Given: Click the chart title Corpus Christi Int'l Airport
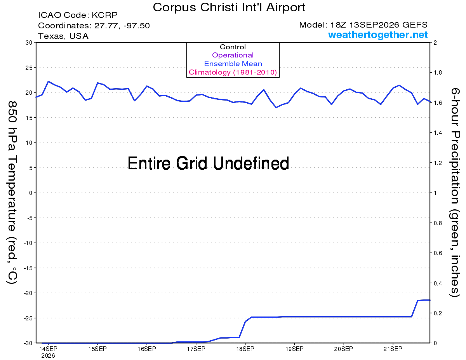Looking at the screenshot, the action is [229, 7].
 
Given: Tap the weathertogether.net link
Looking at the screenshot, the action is [377, 35].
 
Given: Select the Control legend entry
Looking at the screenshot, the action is [233, 47].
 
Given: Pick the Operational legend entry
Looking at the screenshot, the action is [233, 55].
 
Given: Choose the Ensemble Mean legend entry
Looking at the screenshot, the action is [233, 64].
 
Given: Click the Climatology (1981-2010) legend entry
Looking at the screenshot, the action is [233, 72].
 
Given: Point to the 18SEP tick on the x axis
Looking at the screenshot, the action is [245, 349].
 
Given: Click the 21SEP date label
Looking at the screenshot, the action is [393, 349].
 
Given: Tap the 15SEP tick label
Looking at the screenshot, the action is [97, 349].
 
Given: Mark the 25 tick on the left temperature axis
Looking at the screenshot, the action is [29, 68].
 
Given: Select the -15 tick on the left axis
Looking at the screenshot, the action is [28, 268].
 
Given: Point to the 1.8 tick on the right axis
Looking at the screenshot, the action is [438, 73].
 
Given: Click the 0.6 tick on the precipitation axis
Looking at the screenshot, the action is [438, 253].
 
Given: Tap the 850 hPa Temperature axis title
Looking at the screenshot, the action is [12, 193].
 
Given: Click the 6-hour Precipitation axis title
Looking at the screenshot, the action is [455, 192].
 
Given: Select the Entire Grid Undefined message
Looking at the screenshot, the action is [208, 163].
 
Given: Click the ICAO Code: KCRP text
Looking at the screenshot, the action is [78, 15].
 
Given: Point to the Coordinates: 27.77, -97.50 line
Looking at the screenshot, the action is [94, 26].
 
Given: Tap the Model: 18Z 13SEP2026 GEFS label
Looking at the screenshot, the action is [363, 25].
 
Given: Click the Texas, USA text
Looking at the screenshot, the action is [63, 36].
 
